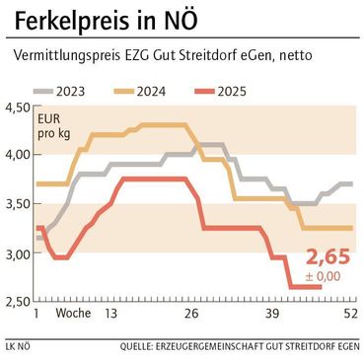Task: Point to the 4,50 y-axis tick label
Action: coord(18,108)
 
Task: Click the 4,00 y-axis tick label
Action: coord(18,156)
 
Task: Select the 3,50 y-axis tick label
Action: coord(18,204)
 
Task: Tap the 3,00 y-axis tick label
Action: coord(18,253)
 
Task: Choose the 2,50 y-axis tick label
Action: coord(18,302)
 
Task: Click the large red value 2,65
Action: coord(327,257)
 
